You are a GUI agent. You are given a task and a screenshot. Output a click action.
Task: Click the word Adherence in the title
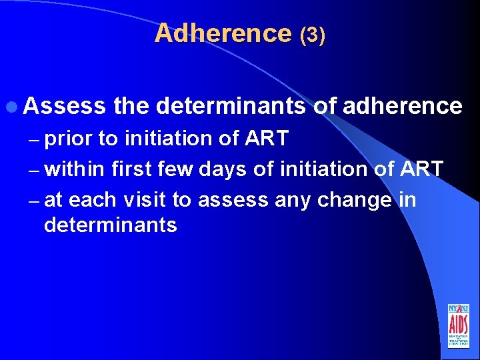pos(223,33)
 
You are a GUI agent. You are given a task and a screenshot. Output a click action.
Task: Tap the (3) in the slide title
pos(313,35)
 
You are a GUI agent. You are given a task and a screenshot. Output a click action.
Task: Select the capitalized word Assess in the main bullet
pos(65,105)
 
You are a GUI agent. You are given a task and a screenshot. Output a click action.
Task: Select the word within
pos(75,169)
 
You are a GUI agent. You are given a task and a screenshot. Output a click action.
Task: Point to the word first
pos(134,169)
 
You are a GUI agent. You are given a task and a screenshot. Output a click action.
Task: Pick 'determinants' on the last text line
pos(110,225)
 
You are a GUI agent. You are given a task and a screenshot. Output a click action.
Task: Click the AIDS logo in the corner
pos(459,325)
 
